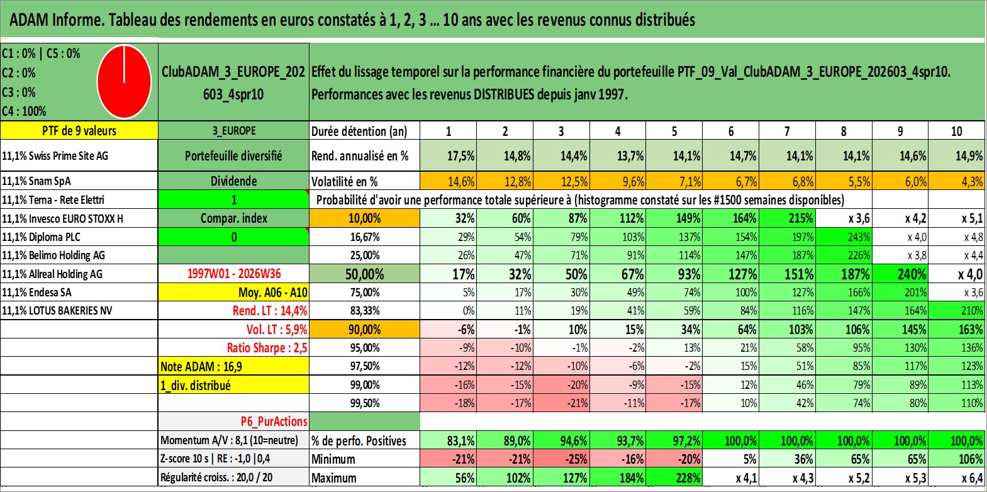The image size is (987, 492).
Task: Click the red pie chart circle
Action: pos(125,82)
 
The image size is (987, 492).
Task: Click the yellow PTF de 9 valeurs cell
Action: pos(79,130)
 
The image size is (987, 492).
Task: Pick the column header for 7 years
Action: pos(787,131)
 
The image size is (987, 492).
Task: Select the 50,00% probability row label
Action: pos(364,274)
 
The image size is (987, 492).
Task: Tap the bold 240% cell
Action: pos(900,274)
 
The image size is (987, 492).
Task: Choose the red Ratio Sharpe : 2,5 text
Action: pos(267,348)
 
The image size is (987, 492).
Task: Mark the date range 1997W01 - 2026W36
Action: pos(234,274)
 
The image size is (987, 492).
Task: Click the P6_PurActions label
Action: pos(274,422)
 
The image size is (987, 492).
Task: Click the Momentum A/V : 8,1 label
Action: pos(229,440)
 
